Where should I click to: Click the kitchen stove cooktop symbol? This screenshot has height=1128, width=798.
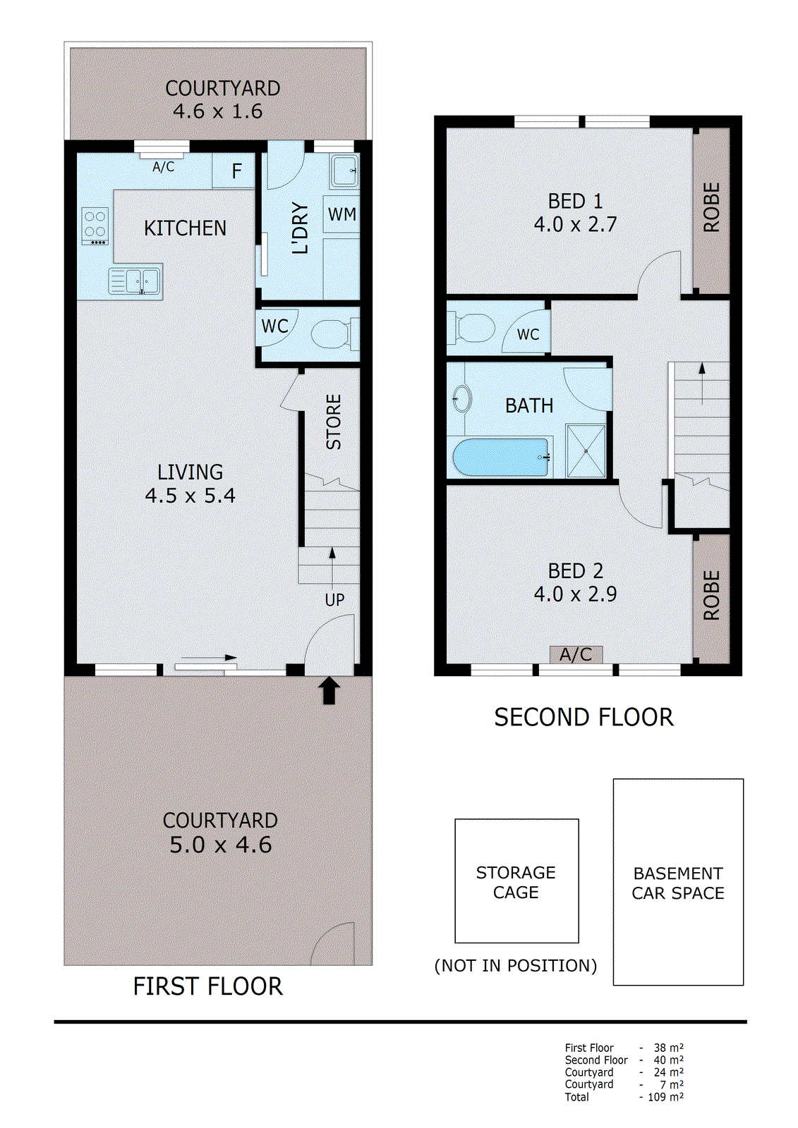pyautogui.click(x=95, y=226)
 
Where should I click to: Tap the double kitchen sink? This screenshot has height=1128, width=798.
pyautogui.click(x=135, y=281)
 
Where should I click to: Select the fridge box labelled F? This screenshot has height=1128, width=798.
pyautogui.click(x=236, y=171)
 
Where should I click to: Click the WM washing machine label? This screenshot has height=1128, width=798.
pyautogui.click(x=342, y=214)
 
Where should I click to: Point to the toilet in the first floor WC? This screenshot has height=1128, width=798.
pyautogui.click(x=332, y=333)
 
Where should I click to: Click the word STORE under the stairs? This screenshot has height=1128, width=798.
pyautogui.click(x=334, y=422)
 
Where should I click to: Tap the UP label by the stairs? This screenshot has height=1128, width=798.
pyautogui.click(x=334, y=600)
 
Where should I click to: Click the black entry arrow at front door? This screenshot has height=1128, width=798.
pyautogui.click(x=330, y=691)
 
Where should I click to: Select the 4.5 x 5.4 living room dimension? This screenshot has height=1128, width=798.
pyautogui.click(x=190, y=496)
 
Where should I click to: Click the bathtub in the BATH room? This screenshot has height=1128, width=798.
pyautogui.click(x=500, y=457)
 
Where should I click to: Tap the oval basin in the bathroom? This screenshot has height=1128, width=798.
pyautogui.click(x=462, y=398)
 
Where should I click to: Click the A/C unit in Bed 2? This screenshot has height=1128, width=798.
pyautogui.click(x=576, y=655)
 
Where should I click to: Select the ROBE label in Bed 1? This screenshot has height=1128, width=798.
pyautogui.click(x=711, y=208)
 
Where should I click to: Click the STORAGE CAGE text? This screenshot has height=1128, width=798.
pyautogui.click(x=516, y=882)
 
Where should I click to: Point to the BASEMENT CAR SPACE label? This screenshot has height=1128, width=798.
pyautogui.click(x=678, y=883)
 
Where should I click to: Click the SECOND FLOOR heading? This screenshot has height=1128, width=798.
pyautogui.click(x=584, y=718)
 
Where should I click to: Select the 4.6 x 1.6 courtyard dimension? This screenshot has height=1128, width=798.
pyautogui.click(x=217, y=111)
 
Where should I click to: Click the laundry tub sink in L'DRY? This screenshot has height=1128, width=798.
pyautogui.click(x=344, y=170)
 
